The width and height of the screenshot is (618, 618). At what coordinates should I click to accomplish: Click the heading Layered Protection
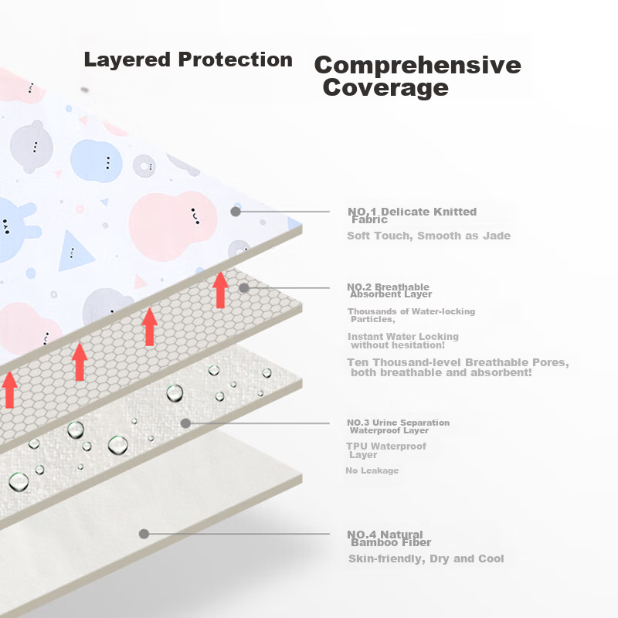(188, 60)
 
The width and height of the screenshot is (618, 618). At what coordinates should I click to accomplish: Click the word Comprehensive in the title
(417, 65)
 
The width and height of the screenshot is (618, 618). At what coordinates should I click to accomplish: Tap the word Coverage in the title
(385, 87)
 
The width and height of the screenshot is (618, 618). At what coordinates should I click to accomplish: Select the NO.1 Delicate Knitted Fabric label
(412, 216)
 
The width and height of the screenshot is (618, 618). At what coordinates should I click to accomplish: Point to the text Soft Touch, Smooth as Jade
(429, 236)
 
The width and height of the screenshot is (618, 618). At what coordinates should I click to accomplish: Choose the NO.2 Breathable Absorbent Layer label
(389, 290)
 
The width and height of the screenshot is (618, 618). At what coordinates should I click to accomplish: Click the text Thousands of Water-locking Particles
(411, 315)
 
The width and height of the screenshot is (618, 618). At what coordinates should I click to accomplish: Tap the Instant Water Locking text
(402, 341)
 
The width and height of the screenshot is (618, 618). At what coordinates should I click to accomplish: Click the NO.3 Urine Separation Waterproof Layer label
(398, 426)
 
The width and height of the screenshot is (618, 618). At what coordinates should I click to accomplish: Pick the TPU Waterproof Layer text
(385, 450)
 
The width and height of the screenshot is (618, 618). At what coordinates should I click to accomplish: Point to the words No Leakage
(372, 470)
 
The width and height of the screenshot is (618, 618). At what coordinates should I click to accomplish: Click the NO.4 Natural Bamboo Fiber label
(389, 538)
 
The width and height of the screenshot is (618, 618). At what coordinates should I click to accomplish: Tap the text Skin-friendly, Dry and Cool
(426, 559)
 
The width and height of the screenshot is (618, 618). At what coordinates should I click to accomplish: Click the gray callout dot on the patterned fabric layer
(236, 212)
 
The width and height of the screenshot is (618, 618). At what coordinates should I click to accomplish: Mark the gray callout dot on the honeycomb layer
(244, 287)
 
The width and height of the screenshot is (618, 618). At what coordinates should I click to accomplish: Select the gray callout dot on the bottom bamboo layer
(144, 534)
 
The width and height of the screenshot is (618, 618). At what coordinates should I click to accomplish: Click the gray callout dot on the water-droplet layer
(185, 423)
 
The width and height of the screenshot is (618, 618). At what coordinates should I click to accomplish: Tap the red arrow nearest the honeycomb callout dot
(220, 290)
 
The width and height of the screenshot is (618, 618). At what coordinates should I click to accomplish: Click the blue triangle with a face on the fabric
(74, 251)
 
